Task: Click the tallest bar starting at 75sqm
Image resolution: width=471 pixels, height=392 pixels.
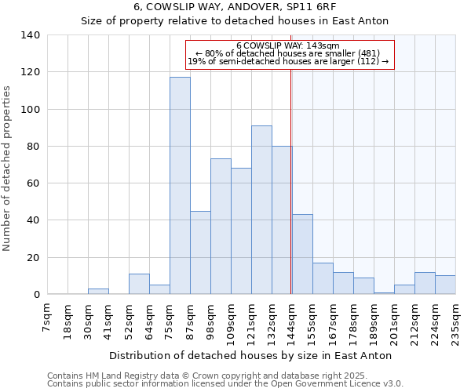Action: pos(180,186)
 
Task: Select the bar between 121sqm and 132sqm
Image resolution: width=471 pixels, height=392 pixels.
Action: pos(261,210)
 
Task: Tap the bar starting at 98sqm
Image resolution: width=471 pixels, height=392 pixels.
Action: pos(221,227)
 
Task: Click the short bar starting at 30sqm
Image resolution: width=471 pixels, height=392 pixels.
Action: pos(98,292)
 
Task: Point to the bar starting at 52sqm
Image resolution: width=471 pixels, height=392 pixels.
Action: pos(139,284)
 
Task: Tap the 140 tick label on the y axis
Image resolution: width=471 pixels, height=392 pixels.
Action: pos(31,35)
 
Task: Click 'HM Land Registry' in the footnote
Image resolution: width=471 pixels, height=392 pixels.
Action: pos(122,376)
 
